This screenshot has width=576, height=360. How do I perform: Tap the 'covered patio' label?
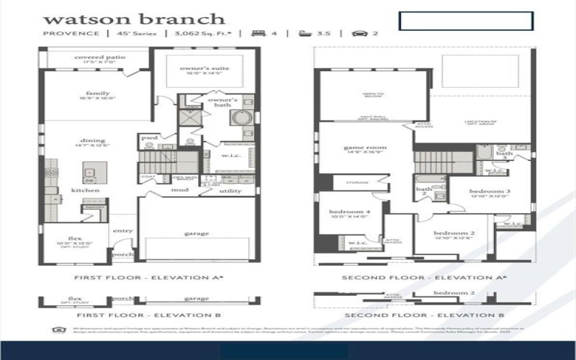99,57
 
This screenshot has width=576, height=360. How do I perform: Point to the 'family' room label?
98,94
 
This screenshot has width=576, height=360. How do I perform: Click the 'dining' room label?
93,140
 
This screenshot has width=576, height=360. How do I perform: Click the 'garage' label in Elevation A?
196,233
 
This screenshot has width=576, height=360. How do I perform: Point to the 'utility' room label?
230,191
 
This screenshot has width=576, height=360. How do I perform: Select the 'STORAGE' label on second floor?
357,183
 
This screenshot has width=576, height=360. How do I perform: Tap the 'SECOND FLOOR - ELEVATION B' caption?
423,315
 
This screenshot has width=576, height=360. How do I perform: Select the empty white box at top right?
465,21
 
